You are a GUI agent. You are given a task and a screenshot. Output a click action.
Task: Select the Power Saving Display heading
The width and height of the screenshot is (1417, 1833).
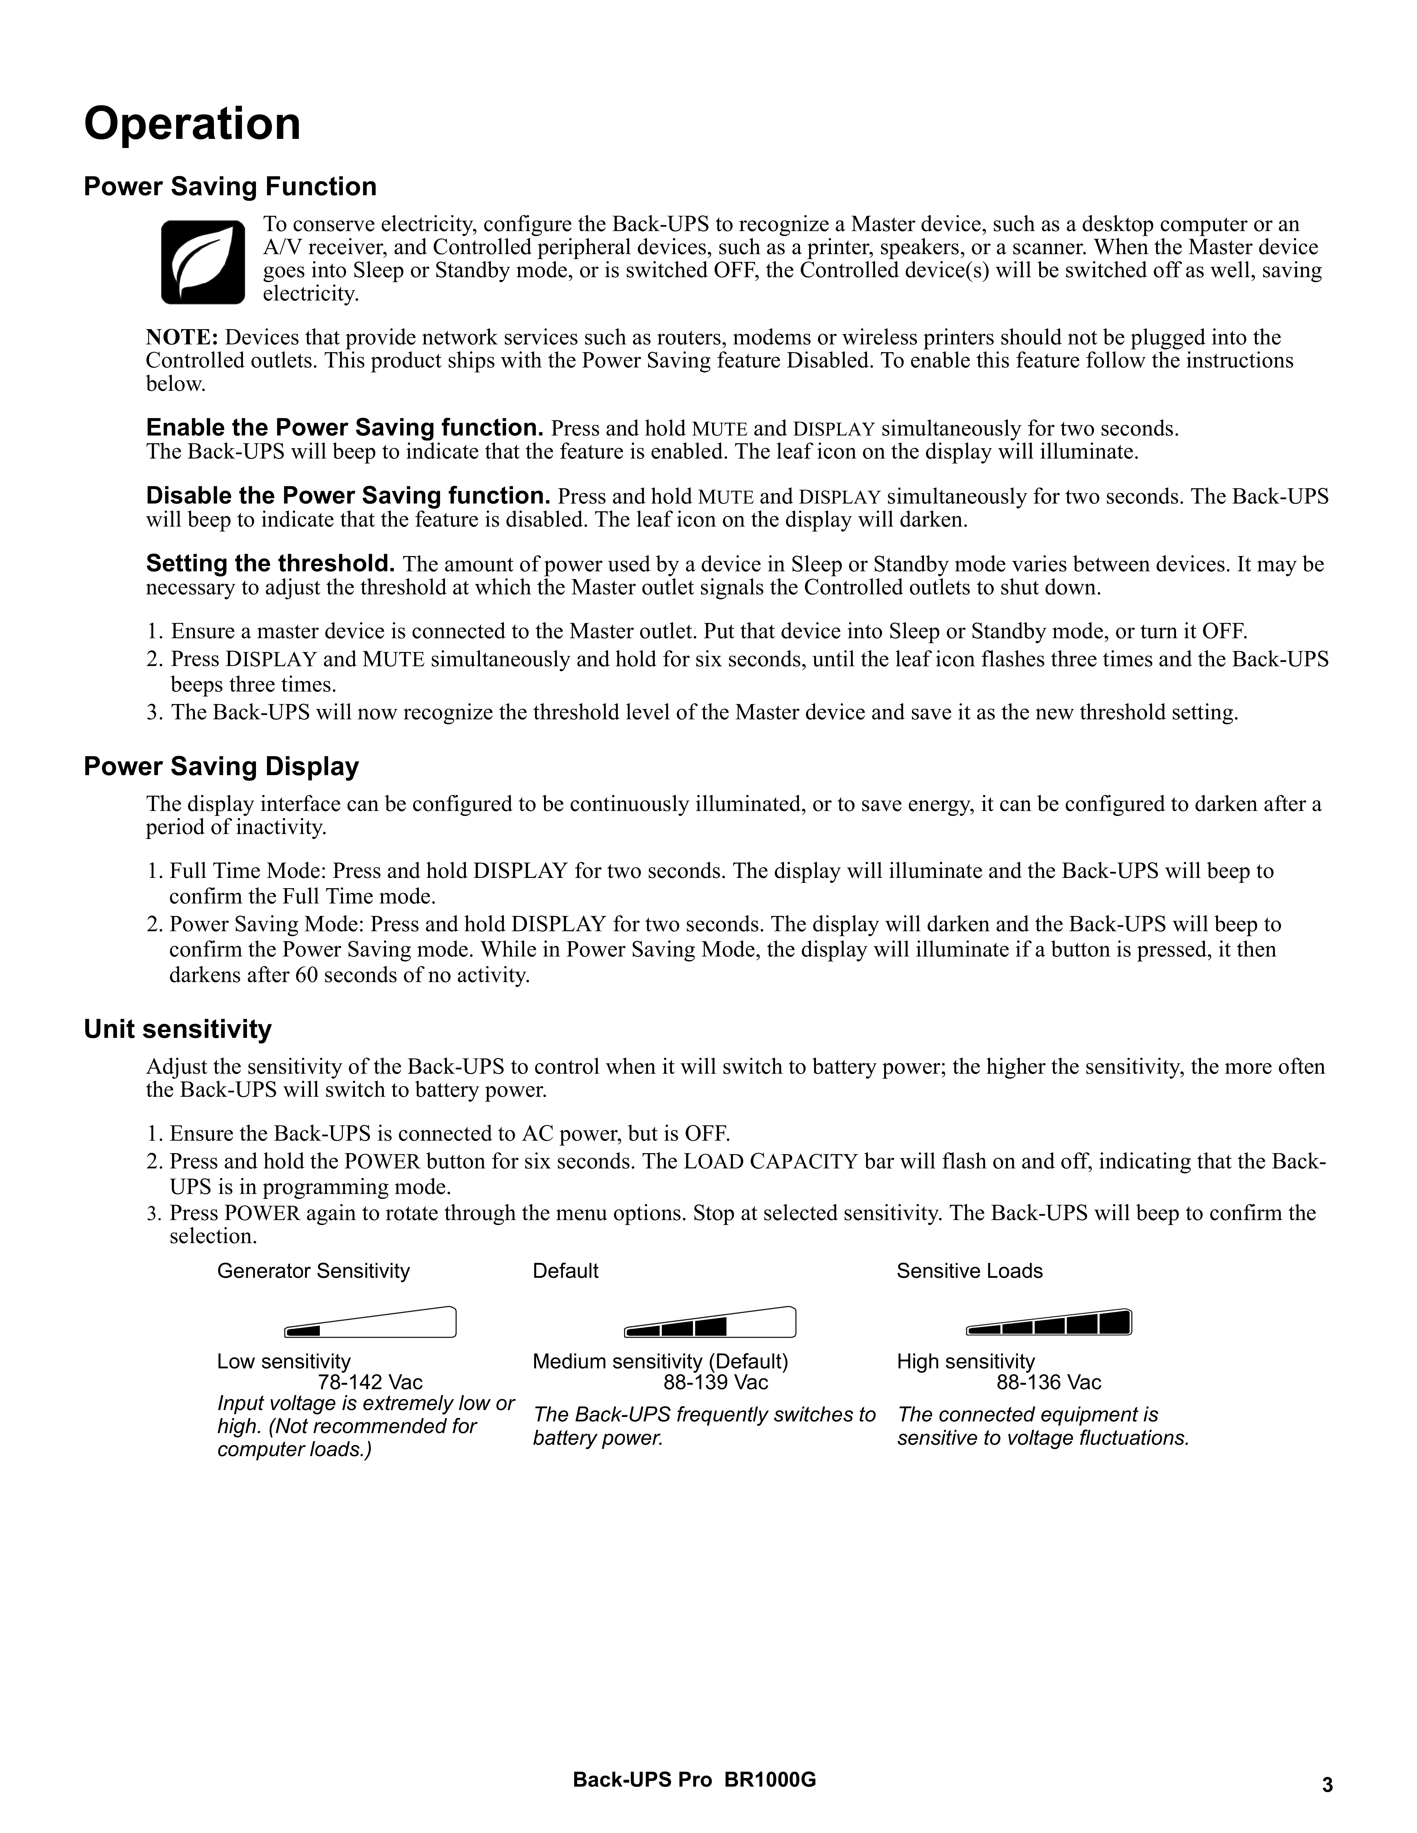(221, 766)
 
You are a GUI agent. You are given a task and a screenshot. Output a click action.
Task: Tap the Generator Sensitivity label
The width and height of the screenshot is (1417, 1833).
(313, 1271)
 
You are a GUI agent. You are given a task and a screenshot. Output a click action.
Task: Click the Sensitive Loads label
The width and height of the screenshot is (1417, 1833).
(970, 1271)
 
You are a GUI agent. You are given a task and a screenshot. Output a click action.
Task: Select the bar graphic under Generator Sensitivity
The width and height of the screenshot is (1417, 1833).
(370, 1324)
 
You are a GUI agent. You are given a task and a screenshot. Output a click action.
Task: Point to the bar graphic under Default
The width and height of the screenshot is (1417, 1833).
(710, 1324)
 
